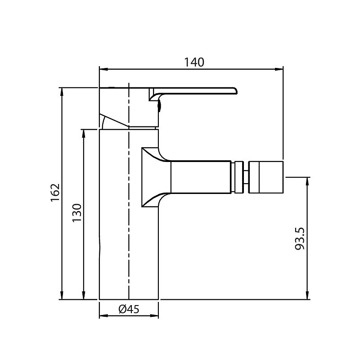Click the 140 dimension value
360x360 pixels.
194,62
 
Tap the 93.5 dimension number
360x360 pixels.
301,238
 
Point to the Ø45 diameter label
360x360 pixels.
129,309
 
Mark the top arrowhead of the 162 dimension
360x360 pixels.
62,90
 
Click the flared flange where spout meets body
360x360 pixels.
151,177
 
